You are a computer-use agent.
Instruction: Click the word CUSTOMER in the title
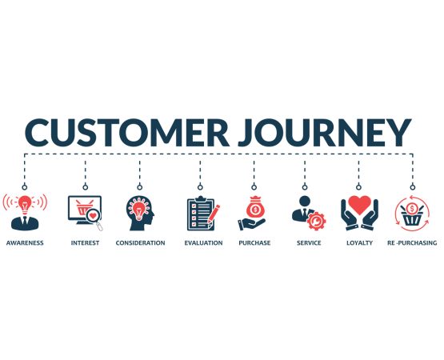click(x=127, y=132)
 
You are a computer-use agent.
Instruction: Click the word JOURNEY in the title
click(x=325, y=132)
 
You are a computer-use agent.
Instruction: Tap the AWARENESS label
click(x=25, y=242)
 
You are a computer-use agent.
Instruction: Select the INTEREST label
click(x=85, y=242)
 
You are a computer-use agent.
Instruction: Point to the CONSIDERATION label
click(x=140, y=242)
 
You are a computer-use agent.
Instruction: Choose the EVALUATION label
click(x=203, y=242)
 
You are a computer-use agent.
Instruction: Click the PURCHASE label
click(x=254, y=242)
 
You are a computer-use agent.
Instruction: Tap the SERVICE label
click(x=309, y=242)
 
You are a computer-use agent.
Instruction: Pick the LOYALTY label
click(x=359, y=242)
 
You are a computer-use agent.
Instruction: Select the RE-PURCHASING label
click(x=412, y=242)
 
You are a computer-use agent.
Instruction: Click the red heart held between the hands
click(x=359, y=205)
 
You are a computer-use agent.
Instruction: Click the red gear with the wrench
click(x=316, y=221)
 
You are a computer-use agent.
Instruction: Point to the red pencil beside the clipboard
click(x=214, y=214)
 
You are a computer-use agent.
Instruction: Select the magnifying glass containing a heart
click(x=94, y=218)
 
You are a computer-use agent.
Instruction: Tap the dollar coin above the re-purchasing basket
click(x=412, y=209)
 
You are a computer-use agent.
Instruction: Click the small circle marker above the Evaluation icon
click(x=200, y=187)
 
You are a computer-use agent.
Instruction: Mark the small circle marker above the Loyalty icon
click(x=358, y=187)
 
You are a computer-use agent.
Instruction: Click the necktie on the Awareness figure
click(x=25, y=221)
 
